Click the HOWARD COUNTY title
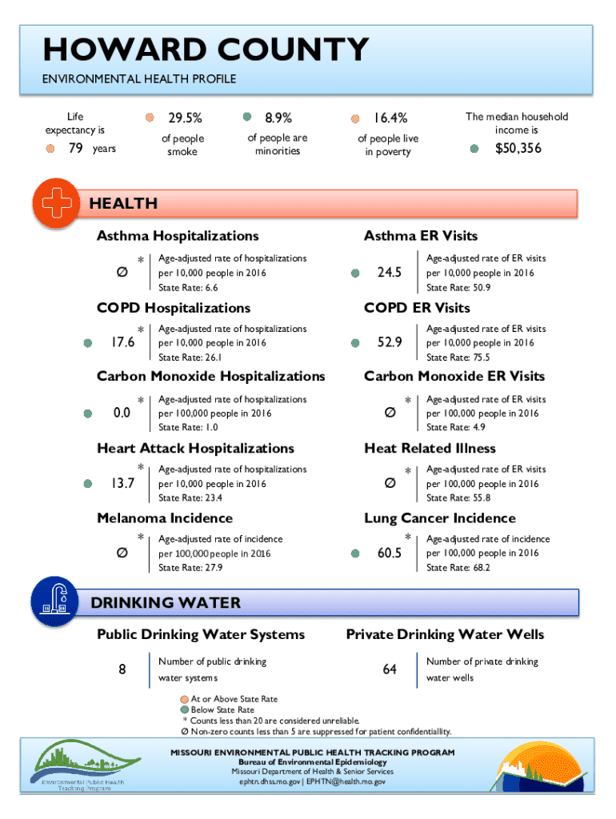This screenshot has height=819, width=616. tap(206, 50)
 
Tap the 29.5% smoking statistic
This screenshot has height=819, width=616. tap(185, 118)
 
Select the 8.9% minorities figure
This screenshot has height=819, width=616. tap(278, 117)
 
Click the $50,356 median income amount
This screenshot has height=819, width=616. tap(517, 148)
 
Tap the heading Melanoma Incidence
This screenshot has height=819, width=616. tap(165, 518)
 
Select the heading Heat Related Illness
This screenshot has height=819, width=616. tap(430, 449)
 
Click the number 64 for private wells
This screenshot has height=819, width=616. tap(390, 669)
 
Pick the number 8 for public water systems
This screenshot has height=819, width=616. tap(122, 669)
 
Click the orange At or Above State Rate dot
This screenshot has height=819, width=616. tap(184, 699)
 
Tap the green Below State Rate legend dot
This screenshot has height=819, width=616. tap(184, 710)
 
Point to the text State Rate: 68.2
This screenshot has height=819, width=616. tap(458, 568)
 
